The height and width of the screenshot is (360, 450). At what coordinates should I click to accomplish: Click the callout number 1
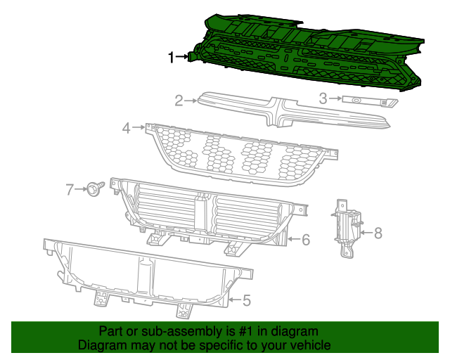click(171, 58)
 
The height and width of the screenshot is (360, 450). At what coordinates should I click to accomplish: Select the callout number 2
click(179, 101)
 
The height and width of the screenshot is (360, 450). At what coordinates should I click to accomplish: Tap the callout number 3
click(323, 98)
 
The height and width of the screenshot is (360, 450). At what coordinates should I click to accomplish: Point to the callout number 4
click(127, 128)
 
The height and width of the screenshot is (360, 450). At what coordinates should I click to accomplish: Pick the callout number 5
click(245, 300)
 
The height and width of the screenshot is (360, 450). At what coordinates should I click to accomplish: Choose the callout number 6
click(306, 239)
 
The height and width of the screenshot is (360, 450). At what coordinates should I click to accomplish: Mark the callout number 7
click(70, 188)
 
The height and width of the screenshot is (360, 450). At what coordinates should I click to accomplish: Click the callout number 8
click(378, 233)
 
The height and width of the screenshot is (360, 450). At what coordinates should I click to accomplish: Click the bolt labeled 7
click(94, 188)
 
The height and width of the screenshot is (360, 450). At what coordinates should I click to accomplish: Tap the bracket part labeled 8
click(347, 225)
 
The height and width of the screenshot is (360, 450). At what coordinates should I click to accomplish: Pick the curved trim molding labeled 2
click(281, 112)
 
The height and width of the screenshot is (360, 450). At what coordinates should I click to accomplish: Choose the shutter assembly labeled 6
click(211, 211)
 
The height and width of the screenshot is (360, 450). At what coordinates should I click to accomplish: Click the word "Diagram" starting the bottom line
click(101, 345)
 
